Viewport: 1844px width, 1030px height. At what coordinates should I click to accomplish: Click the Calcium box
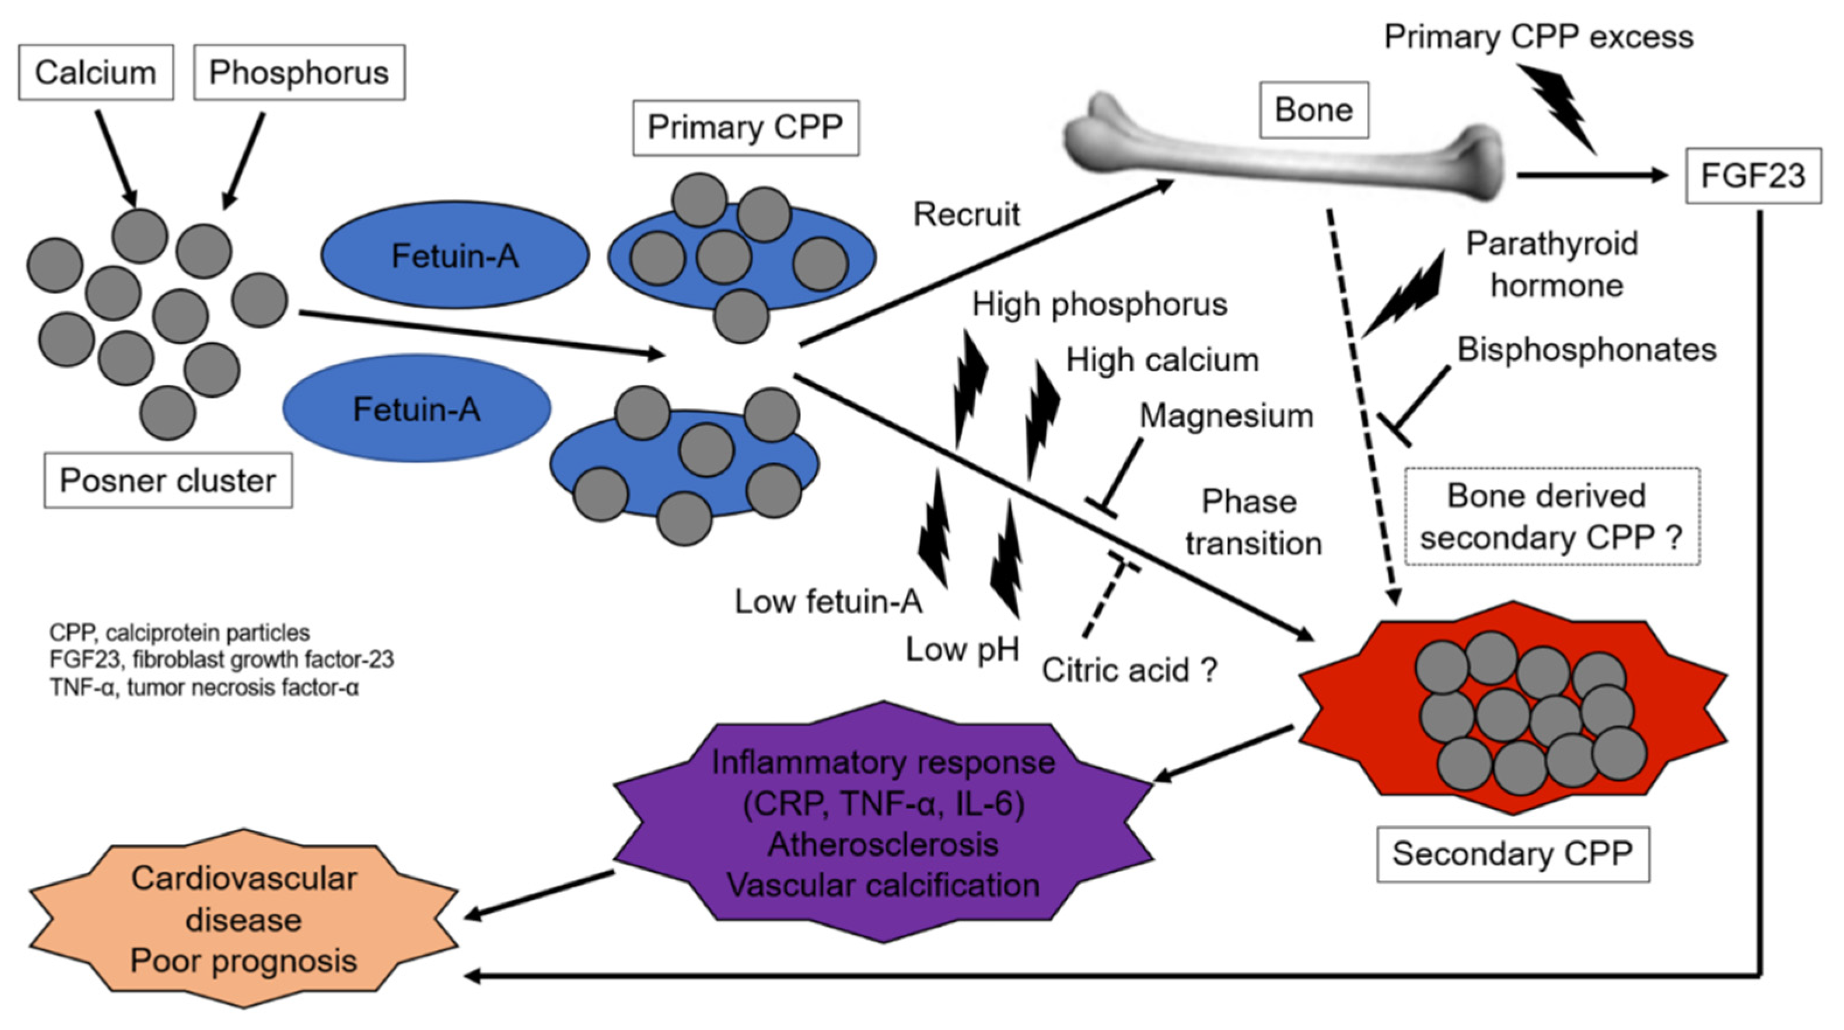click(x=96, y=72)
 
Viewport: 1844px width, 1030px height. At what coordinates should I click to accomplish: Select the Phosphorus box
click(x=299, y=72)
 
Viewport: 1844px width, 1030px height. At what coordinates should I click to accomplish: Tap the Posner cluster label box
click(x=168, y=480)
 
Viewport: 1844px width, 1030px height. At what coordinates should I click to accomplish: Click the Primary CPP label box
click(x=745, y=127)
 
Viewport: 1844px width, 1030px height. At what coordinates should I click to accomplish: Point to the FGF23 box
click(x=1753, y=176)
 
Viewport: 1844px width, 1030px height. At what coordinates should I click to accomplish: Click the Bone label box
click(x=1314, y=110)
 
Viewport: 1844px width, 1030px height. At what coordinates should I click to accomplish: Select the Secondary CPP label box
click(x=1513, y=854)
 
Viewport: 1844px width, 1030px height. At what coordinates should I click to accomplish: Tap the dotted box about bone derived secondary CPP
click(x=1551, y=517)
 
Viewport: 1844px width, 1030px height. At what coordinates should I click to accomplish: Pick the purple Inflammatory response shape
click(x=883, y=823)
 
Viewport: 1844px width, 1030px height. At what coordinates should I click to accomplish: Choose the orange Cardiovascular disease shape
click(x=243, y=919)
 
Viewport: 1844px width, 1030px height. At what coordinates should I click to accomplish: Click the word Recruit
click(x=967, y=215)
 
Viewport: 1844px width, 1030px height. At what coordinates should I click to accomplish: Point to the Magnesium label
click(x=1226, y=416)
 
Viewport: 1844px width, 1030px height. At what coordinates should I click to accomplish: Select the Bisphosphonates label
click(x=1587, y=350)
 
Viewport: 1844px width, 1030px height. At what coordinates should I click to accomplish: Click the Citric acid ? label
click(x=1129, y=671)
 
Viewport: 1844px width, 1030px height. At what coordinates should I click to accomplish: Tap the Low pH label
click(x=962, y=650)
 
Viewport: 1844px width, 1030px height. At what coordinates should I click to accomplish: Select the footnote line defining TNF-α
click(x=204, y=688)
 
